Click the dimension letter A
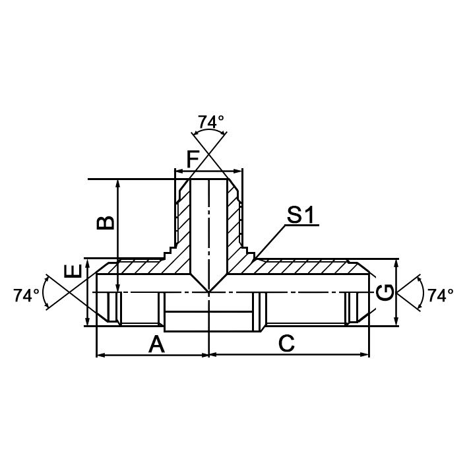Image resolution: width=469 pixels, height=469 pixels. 156,344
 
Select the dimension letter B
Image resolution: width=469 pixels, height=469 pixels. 105,221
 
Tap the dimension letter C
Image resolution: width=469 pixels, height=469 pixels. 286,344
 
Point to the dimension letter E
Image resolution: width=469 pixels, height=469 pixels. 73,270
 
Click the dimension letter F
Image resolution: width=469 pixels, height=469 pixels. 193,160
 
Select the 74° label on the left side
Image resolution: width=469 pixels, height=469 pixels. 26,296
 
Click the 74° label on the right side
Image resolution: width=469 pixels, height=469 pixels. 440,296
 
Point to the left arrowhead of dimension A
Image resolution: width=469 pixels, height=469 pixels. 100,355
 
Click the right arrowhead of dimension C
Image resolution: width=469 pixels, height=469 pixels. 365,355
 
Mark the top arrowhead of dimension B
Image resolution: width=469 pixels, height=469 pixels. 118,183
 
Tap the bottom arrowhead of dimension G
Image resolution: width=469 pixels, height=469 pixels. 396,323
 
